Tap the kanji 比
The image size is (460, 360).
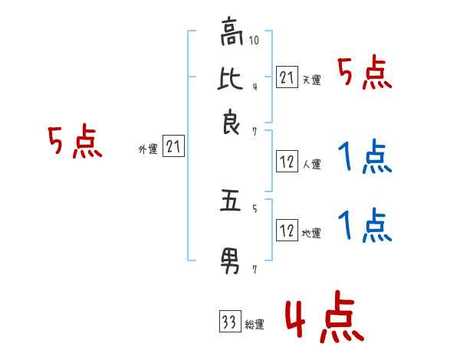click(231, 78)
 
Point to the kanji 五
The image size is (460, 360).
click(231, 205)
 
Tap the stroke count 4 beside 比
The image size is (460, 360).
click(255, 85)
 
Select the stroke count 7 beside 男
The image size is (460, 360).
click(255, 270)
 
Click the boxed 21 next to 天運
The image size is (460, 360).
click(287, 77)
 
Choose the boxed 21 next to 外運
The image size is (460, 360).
click(174, 147)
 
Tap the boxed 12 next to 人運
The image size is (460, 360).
click(287, 162)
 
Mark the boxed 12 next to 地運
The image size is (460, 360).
click(287, 231)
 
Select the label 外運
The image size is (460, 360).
click(147, 149)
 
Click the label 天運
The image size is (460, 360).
click(311, 80)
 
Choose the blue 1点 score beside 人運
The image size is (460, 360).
click(364, 159)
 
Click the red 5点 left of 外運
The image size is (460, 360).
click(75, 143)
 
